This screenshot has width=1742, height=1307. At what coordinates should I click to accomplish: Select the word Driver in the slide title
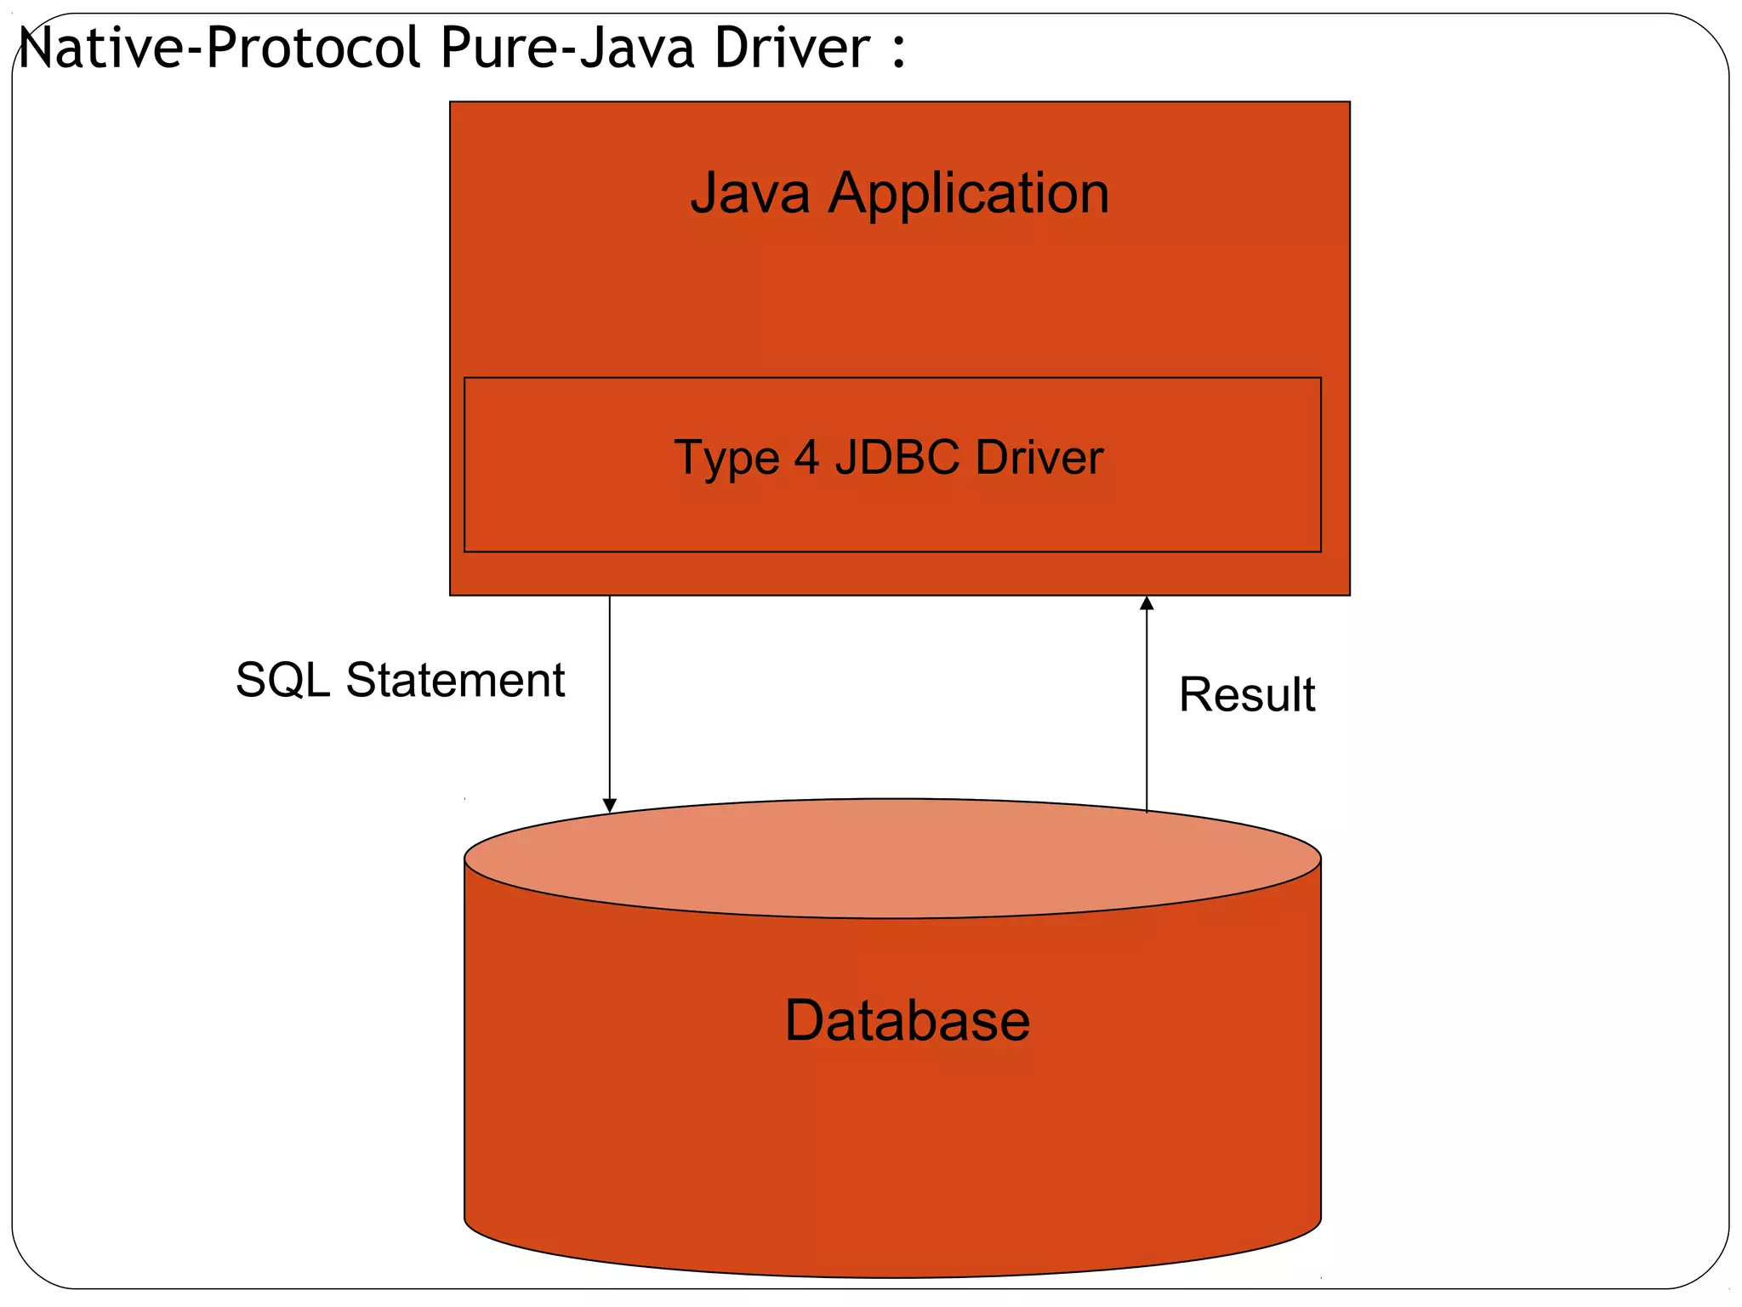tap(792, 49)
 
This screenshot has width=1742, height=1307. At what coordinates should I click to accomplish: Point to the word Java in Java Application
tap(749, 193)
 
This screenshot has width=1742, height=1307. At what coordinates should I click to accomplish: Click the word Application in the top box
tap(969, 195)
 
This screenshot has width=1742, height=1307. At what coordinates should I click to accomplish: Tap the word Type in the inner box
tap(726, 459)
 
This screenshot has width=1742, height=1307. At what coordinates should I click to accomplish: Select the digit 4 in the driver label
tap(806, 458)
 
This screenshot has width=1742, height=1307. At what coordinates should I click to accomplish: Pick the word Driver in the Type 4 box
tap(1039, 458)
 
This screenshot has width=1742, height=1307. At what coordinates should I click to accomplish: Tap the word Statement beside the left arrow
tap(455, 681)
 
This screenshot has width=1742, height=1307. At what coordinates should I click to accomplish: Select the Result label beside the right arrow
tap(1246, 694)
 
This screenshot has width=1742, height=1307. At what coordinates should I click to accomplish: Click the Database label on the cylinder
tap(907, 1020)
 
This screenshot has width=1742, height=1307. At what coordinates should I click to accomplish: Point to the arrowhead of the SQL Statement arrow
tap(609, 805)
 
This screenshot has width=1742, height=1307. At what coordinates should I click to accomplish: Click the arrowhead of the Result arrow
tap(1147, 603)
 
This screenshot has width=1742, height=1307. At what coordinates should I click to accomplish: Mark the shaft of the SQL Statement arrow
tap(609, 698)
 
